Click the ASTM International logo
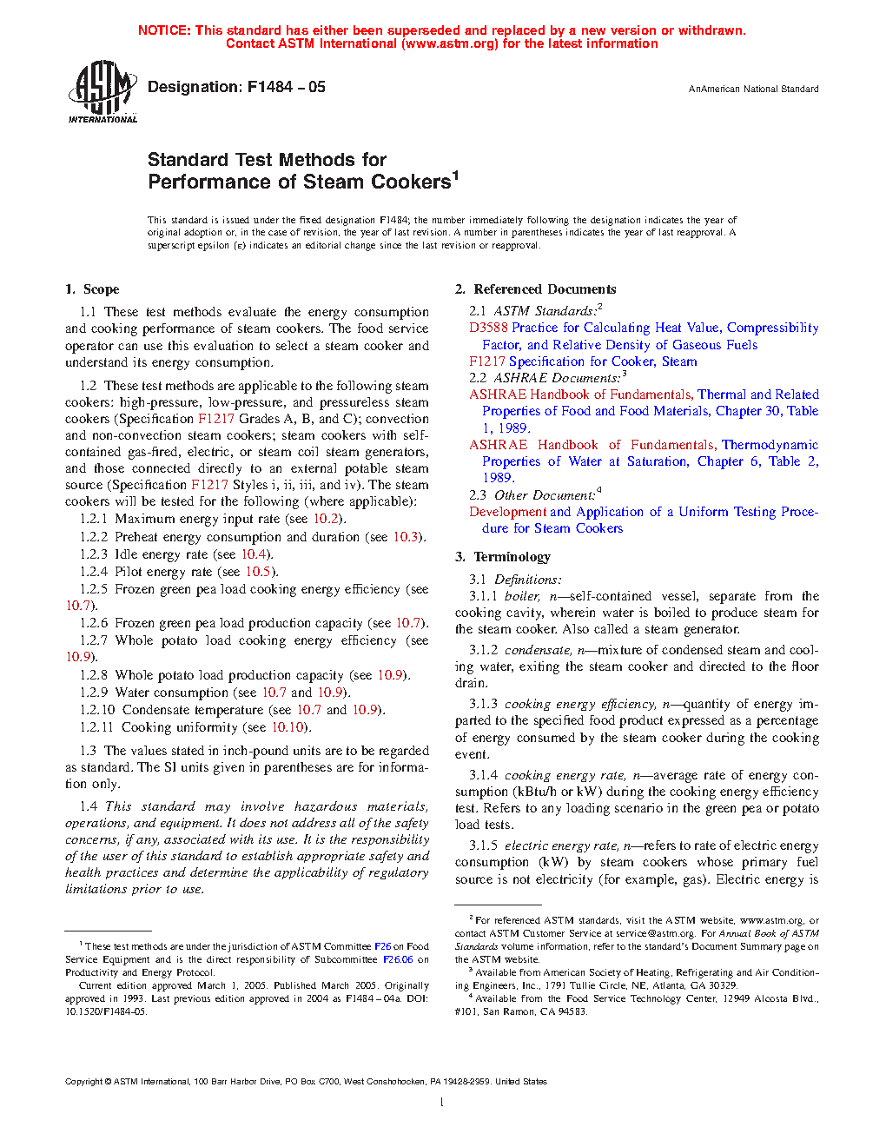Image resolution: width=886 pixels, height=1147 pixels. [102, 91]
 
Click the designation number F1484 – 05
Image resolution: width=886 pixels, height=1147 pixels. [286, 87]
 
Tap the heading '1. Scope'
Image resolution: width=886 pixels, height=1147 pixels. [92, 289]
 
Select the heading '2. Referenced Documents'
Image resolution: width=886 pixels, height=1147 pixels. [536, 289]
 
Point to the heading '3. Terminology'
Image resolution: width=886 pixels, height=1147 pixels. [503, 557]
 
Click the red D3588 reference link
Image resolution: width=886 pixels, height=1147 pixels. [488, 328]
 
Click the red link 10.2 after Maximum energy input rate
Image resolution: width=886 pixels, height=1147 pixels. [326, 519]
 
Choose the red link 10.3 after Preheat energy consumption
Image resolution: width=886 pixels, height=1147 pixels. [406, 537]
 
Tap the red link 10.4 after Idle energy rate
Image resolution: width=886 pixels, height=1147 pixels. [254, 554]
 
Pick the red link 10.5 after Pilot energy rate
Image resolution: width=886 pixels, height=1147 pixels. [258, 572]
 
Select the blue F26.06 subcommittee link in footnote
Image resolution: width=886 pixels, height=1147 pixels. [398, 959]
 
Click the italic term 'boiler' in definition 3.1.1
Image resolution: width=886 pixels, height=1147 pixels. [522, 596]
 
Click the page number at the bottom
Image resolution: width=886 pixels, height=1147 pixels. [442, 1103]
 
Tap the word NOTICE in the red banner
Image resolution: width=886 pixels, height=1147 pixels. [164, 30]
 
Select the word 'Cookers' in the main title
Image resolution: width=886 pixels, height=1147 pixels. [411, 182]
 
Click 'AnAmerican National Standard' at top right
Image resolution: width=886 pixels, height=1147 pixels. [753, 90]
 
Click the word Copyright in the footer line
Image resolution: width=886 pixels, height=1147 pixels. [83, 1082]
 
